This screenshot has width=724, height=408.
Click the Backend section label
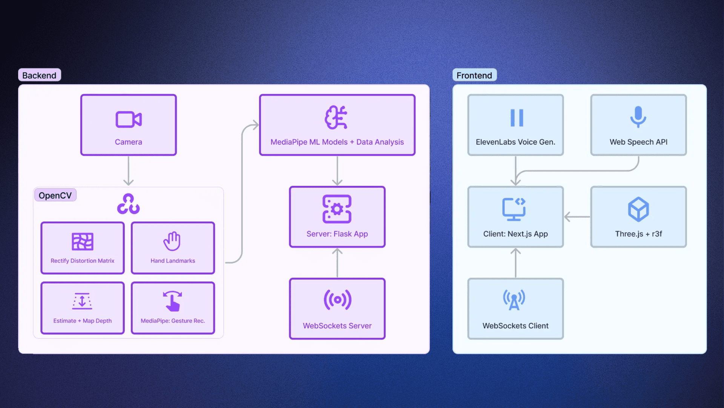[39, 75]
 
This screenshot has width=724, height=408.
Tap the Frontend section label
[474, 75]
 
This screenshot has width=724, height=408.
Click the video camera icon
[129, 119]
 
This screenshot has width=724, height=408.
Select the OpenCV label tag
[55, 195]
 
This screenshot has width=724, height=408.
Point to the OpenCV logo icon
[128, 204]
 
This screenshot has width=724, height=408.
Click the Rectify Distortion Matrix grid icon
[83, 241]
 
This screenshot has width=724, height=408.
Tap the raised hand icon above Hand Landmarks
[172, 241]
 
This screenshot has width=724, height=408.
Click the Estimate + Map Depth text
[83, 321]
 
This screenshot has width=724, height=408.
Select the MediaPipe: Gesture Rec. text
[173, 321]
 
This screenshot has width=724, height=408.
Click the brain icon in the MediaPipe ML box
[336, 117]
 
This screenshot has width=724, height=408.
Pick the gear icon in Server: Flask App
[337, 209]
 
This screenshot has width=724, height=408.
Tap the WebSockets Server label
[337, 326]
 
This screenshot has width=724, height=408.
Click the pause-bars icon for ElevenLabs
[517, 118]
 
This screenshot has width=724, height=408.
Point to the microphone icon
[638, 117]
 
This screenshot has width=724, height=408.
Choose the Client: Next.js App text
[515, 234]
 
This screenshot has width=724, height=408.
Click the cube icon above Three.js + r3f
[638, 209]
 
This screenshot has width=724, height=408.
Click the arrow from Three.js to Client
[577, 217]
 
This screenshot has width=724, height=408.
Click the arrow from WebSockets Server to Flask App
[337, 263]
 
